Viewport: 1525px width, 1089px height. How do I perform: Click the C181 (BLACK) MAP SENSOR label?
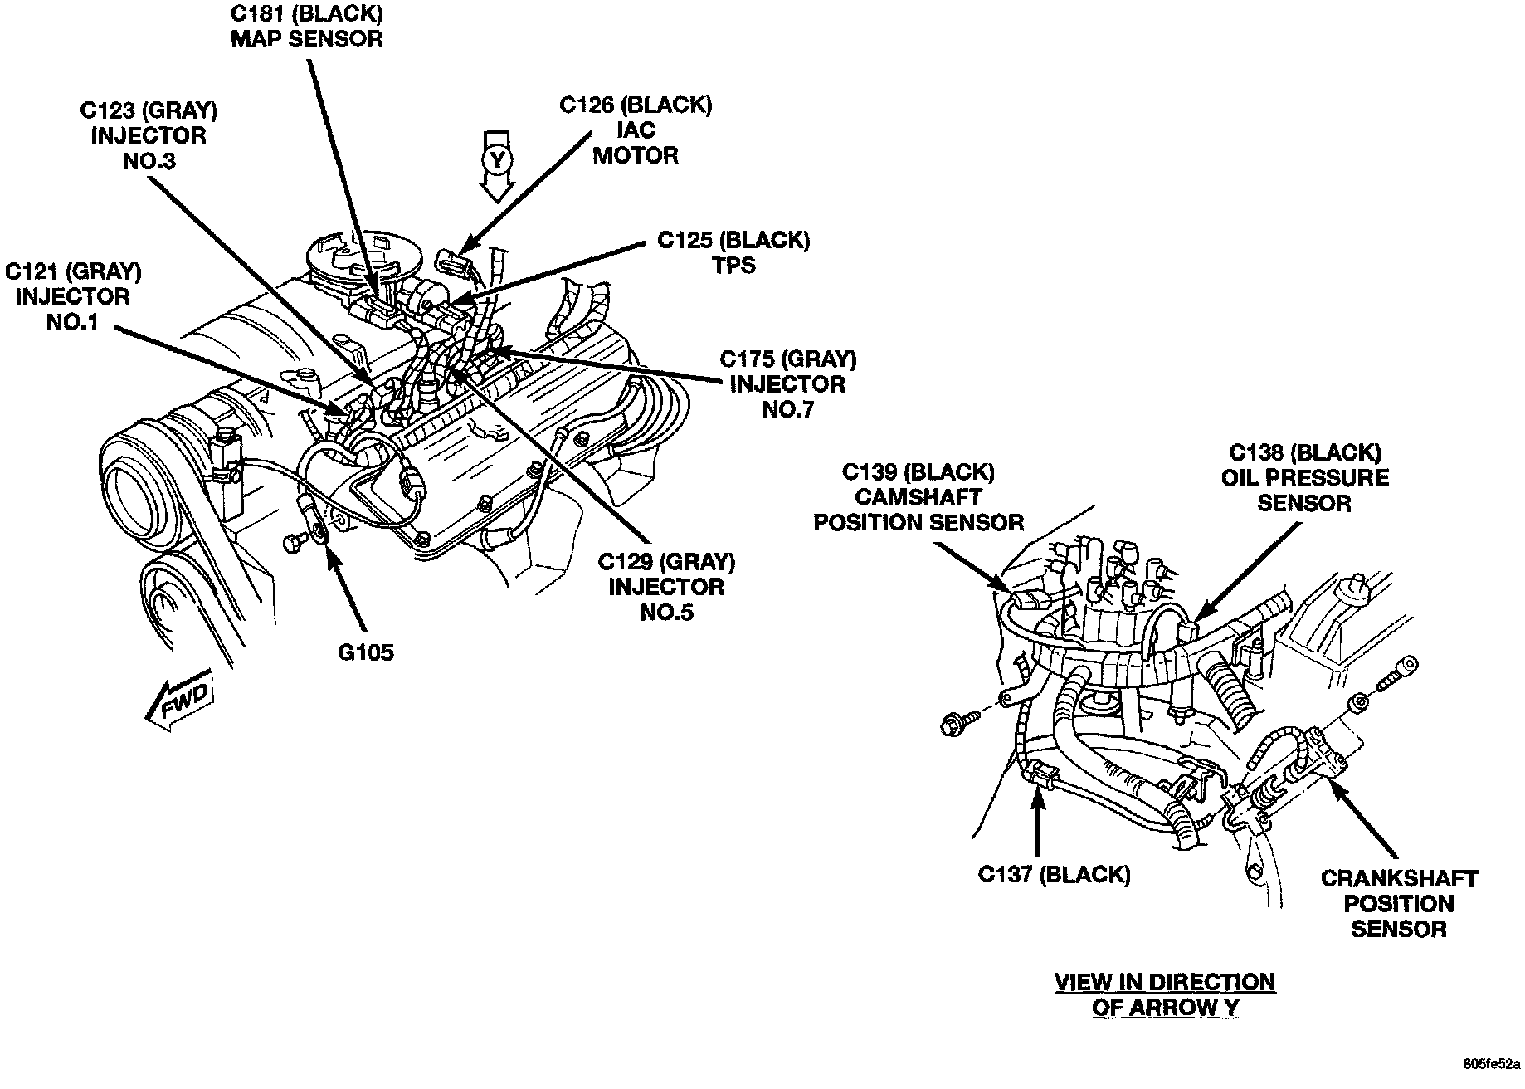coord(306,27)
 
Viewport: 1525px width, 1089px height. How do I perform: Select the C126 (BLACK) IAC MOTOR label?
coord(636,130)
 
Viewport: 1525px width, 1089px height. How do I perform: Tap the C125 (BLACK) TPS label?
coord(733,252)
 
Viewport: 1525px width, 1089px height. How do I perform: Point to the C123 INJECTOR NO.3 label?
coord(149,134)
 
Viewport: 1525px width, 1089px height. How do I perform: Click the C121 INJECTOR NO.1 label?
coord(73,296)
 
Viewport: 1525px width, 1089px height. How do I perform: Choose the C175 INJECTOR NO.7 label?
coord(787,383)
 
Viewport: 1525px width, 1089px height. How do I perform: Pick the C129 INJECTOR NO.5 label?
coord(666,587)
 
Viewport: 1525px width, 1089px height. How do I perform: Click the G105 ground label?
coord(365,652)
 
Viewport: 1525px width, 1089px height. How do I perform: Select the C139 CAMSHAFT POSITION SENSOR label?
coord(918,497)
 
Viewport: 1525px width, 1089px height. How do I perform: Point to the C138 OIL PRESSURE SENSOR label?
coord(1304,477)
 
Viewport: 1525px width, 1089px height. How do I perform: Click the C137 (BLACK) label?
coord(1054,874)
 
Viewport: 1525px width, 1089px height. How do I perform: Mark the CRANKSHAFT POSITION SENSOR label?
coord(1399,903)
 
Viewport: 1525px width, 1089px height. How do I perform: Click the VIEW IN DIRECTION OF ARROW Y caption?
coord(1164,994)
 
